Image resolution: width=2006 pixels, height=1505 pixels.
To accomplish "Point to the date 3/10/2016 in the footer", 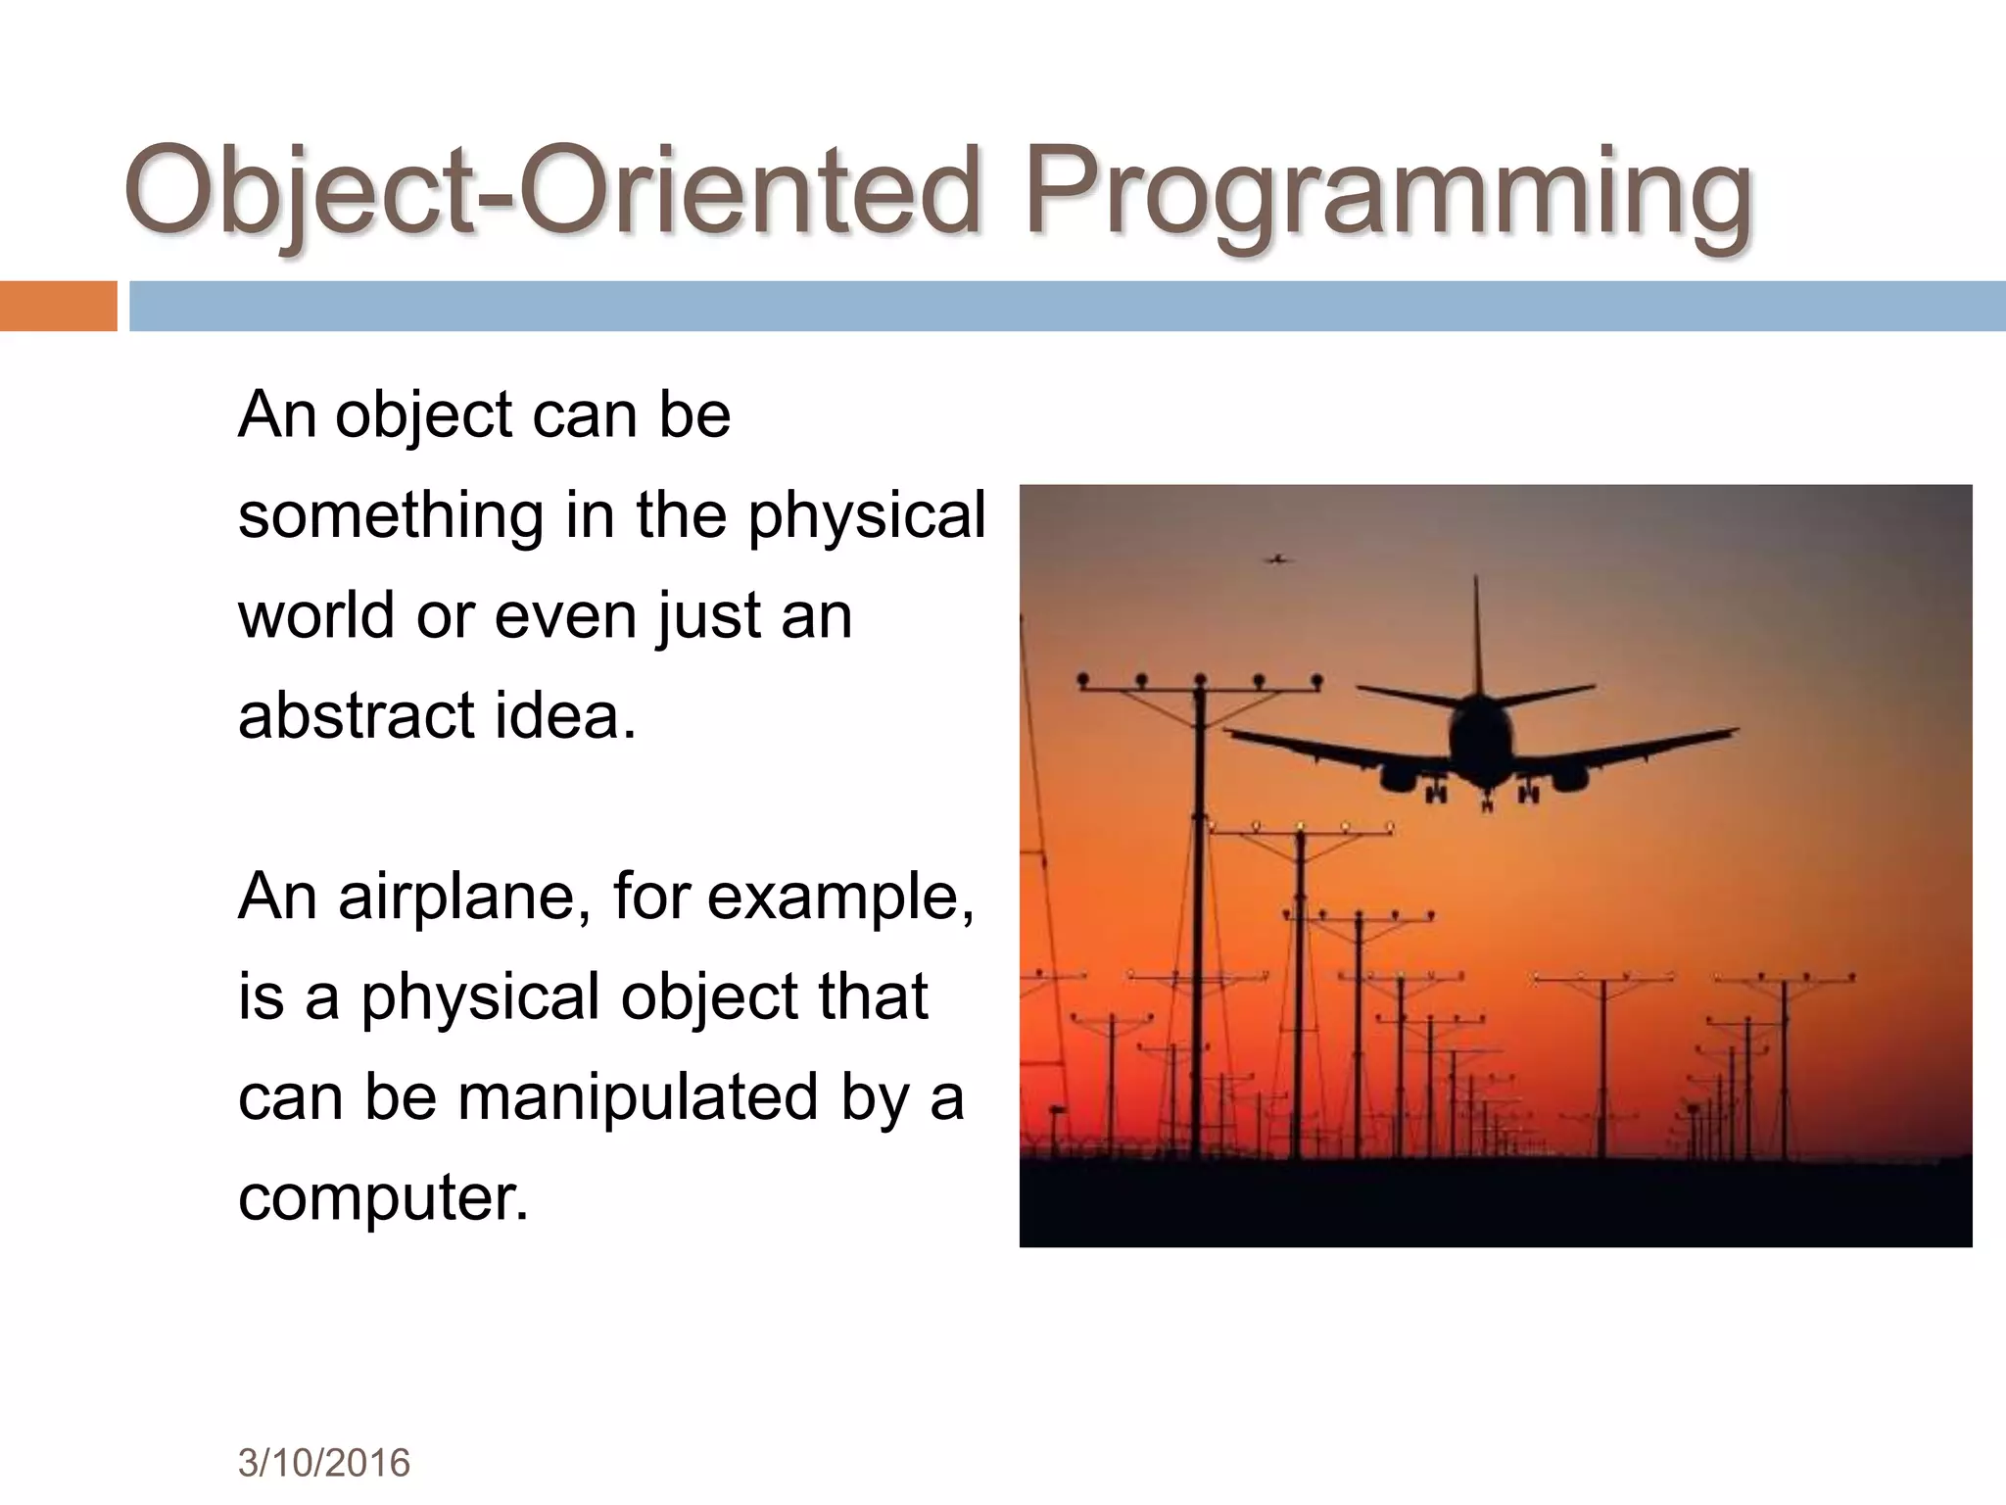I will click(323, 1463).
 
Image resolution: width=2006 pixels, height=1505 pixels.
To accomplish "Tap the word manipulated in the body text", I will click(638, 1096).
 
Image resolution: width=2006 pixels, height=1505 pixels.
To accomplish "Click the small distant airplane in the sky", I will click(1275, 559).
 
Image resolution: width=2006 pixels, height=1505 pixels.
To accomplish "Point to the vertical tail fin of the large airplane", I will click(1476, 637).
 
